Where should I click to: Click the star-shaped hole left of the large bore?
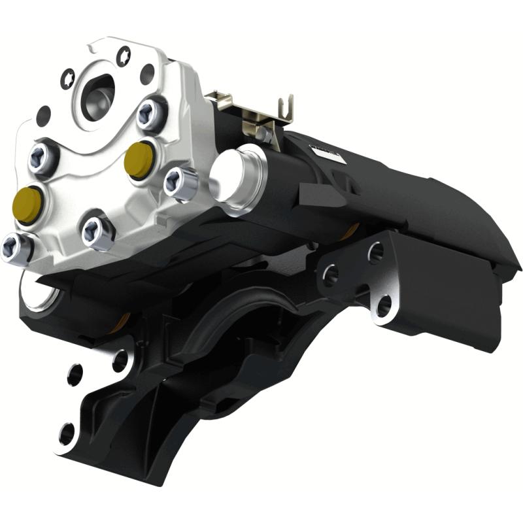(x=67, y=80)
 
